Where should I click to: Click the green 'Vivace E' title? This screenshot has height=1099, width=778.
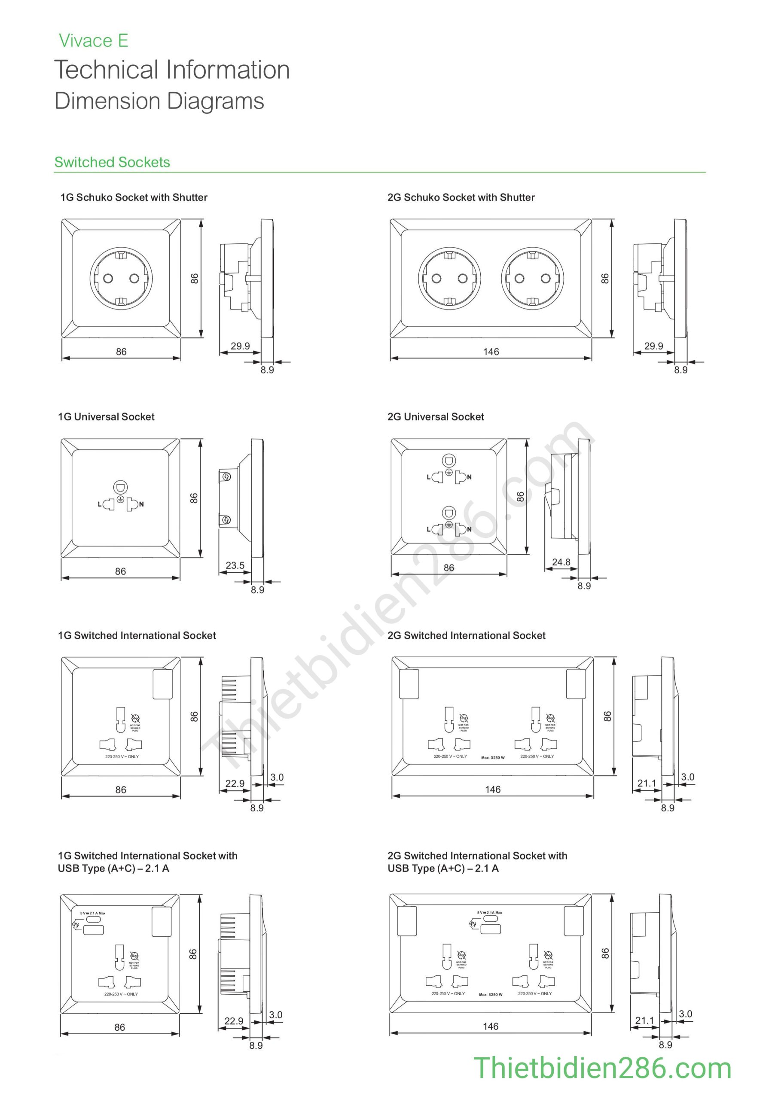93,41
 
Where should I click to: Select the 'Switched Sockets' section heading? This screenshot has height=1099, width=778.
112,162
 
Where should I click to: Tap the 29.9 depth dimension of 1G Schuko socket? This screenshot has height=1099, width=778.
240,346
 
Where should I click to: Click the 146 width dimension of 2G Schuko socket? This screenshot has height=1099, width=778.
491,352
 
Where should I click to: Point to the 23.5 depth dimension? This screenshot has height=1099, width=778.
235,565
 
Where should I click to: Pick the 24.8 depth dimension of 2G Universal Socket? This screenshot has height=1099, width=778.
561,562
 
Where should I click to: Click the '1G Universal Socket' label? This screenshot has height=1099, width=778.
107,417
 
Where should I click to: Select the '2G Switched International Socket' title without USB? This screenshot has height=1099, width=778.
466,636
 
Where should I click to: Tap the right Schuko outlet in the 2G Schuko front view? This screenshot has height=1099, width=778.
532,278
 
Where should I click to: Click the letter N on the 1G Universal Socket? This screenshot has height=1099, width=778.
141,504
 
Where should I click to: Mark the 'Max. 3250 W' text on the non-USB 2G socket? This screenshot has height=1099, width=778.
493,758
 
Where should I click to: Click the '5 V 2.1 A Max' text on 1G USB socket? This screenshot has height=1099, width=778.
93,913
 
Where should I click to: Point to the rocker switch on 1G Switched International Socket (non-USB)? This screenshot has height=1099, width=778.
162,684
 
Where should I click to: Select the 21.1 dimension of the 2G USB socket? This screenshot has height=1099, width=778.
644,1020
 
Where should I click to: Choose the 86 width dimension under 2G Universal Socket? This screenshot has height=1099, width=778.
449,568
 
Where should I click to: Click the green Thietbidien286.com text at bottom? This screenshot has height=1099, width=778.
602,1069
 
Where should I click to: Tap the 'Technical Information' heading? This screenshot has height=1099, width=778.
172,70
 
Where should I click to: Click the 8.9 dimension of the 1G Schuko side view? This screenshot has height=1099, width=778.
267,370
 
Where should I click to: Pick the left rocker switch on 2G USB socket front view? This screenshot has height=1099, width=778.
407,921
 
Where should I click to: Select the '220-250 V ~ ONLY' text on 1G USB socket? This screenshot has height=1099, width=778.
121,994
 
